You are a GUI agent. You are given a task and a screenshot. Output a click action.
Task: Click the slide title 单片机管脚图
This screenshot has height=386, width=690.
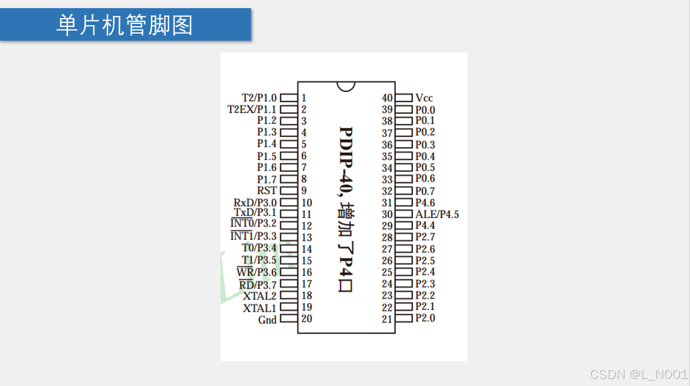point(124,25)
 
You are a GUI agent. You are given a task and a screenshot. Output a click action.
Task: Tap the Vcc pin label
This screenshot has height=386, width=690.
point(424,98)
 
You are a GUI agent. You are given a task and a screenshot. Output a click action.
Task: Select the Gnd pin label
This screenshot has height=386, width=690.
point(267,320)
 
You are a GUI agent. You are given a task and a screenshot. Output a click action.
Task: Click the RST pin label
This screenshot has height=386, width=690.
point(267,191)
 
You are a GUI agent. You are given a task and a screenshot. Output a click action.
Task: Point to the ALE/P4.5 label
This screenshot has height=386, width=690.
point(437,215)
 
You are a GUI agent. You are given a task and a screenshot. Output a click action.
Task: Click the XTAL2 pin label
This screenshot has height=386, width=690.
point(260,296)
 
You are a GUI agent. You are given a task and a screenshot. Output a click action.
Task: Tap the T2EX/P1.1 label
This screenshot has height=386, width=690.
point(252,109)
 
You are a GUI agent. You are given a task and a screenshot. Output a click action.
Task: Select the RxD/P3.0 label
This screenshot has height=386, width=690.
point(255,203)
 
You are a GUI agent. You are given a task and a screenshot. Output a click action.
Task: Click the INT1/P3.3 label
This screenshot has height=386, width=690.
point(254,236)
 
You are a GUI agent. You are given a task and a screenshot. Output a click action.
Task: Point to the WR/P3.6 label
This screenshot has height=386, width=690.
point(257,273)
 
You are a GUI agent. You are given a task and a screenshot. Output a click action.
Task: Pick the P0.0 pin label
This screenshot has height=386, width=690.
point(425,110)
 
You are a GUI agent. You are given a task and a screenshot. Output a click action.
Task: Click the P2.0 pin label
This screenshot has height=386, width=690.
point(425,318)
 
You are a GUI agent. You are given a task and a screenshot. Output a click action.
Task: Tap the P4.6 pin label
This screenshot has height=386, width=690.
point(425,203)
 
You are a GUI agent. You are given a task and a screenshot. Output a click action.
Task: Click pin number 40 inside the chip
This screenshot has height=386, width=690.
point(387,98)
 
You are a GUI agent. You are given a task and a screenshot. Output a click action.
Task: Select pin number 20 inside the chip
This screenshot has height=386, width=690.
point(306,319)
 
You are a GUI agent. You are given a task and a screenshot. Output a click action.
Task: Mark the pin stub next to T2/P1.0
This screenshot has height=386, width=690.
point(289,97)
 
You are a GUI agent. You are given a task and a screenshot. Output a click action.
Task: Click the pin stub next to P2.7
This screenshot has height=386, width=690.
point(404,237)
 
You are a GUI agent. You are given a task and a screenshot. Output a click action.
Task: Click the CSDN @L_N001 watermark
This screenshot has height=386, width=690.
point(639,375)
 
